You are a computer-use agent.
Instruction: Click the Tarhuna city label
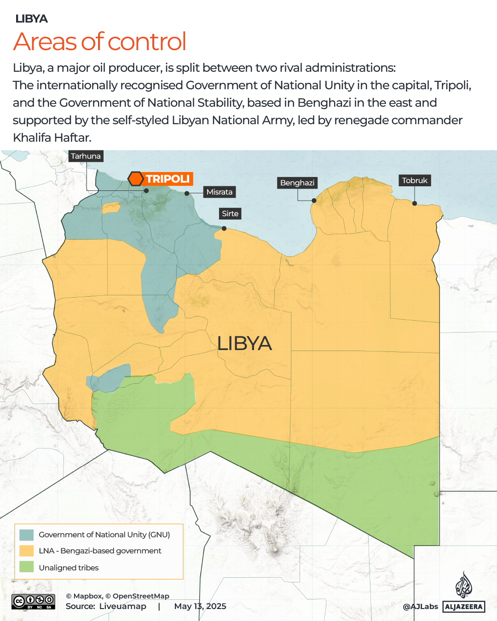coord(86,156)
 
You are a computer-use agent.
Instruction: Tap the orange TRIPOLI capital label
coord(168,179)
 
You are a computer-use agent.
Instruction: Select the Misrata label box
coord(219,192)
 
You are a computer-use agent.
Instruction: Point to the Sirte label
coord(230,213)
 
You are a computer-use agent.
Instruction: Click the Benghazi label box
coord(297,183)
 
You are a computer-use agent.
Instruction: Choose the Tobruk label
coord(415,180)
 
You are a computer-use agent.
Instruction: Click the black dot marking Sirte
coord(224,229)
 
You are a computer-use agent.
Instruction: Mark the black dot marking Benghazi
coord(314,201)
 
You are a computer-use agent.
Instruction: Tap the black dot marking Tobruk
coord(415,203)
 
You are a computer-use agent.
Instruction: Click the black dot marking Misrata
coord(187,194)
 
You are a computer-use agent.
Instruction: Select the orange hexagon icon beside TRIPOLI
coord(136,179)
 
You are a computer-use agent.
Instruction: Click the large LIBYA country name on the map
coord(244,344)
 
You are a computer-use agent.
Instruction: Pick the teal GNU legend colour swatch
coord(27,535)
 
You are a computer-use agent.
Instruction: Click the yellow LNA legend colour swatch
coord(27,551)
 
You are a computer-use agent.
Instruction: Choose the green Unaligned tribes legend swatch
coord(27,567)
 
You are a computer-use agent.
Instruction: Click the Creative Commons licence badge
coord(34,602)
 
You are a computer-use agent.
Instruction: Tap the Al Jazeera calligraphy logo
coord(464,585)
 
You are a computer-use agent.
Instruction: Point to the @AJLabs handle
coord(420,607)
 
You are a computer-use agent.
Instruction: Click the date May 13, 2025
coord(200,606)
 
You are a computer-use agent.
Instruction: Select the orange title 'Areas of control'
coord(100,41)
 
